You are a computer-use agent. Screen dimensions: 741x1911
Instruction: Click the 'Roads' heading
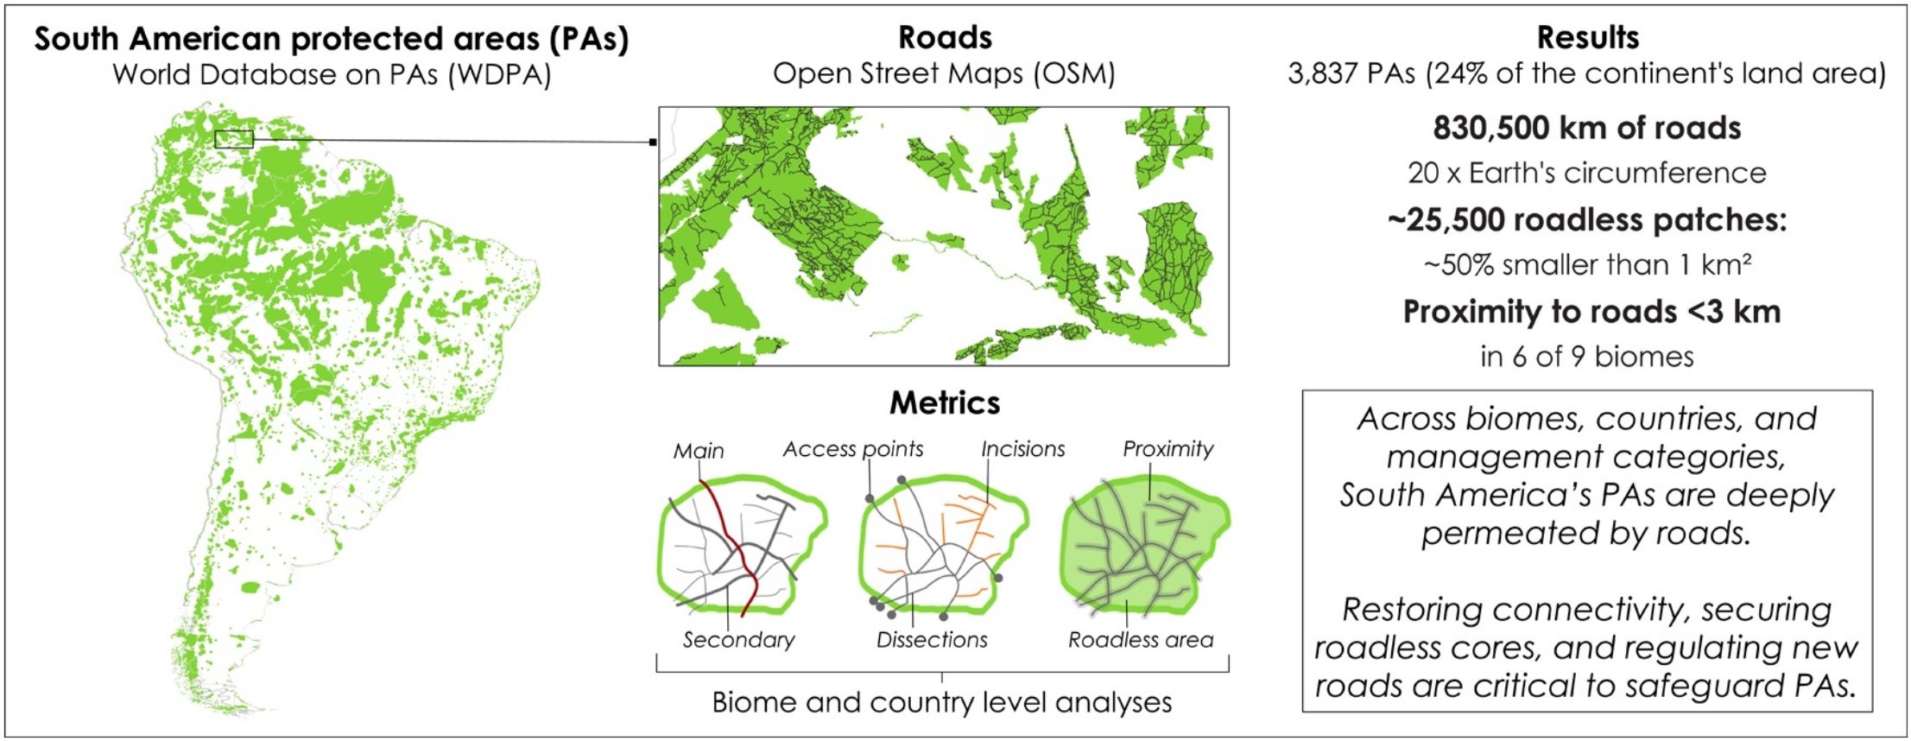[945, 38]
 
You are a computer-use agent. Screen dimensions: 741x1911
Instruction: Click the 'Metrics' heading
[945, 402]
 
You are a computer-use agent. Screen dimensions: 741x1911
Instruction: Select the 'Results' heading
[1587, 38]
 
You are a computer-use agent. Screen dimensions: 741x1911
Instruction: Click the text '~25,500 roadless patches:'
[1587, 220]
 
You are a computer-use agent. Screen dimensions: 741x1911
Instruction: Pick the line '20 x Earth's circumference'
[1587, 173]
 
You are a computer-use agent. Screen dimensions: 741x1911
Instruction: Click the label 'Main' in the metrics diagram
[699, 451]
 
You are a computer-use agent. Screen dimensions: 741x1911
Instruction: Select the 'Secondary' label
[738, 640]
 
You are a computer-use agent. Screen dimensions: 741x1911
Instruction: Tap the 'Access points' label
[852, 449]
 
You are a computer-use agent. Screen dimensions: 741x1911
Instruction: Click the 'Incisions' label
[1022, 449]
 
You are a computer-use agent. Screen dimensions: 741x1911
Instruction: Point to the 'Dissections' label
[932, 640]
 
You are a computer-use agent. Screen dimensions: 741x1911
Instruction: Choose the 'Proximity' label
[1167, 449]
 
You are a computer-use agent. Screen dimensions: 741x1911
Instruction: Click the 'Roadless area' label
[1141, 640]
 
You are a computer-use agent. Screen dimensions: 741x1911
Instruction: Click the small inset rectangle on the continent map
[233, 138]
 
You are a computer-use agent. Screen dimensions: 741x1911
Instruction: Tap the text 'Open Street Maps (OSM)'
[944, 74]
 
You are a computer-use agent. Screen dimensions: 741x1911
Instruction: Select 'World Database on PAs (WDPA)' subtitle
[332, 74]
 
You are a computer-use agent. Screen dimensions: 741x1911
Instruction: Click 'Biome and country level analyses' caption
[942, 702]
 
